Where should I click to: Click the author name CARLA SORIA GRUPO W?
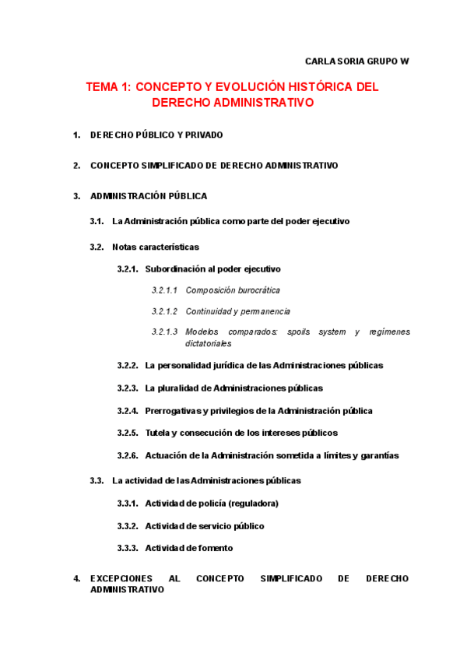click(356, 61)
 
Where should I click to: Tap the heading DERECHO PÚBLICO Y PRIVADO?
click(156, 135)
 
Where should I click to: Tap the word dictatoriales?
click(209, 343)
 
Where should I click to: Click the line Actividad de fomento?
click(188, 548)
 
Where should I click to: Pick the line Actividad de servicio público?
click(205, 525)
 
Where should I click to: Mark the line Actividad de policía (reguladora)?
click(212, 503)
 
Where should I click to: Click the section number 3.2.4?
click(128, 410)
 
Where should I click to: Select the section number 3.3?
click(97, 480)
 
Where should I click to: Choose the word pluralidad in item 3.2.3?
click(178, 388)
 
